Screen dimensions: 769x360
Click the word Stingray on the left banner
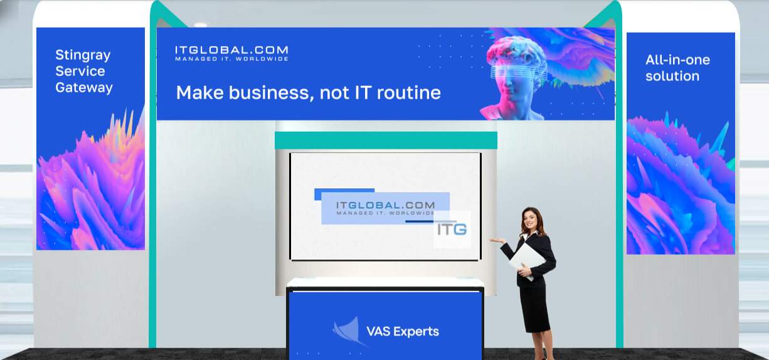pos(83,55)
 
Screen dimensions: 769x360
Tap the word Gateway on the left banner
pos(84,88)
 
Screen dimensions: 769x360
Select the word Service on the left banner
pos(80,71)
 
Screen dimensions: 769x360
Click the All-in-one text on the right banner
pos(677,60)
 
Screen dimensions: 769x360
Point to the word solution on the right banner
pos(672,76)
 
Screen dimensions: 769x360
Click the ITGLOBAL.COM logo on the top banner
pos(231,53)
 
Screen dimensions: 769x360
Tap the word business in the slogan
pos(271,93)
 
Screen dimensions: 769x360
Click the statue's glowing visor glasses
pos(518,73)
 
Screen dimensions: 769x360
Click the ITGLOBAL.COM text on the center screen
pos(385,205)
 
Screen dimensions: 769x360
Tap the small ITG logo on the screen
pos(452,230)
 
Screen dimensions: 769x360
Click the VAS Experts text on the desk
pos(403,332)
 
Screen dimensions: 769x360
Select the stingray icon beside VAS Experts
pos(347,330)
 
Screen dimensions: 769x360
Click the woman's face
pos(531,220)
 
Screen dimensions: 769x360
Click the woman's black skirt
pos(534,308)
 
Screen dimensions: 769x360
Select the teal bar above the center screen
pos(386,140)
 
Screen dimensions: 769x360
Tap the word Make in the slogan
pos(200,93)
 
